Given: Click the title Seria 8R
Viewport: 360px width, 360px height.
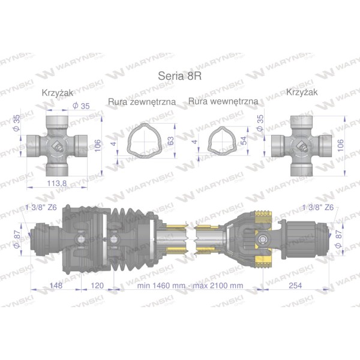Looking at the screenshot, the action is (x=180, y=76).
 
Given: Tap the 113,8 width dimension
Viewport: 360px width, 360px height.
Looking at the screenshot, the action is (x=57, y=183).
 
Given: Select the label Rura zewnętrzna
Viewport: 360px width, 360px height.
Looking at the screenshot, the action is (x=142, y=102).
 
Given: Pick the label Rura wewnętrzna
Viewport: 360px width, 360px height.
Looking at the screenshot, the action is (x=223, y=101).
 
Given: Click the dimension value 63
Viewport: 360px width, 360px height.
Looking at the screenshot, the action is (x=171, y=141).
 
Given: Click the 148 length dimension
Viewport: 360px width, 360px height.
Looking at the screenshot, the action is (x=56, y=286).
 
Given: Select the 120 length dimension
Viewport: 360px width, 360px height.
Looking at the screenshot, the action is (x=97, y=286).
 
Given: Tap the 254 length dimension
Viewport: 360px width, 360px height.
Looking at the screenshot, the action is (x=295, y=286).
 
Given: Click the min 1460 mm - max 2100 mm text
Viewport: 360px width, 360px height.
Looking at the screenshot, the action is (x=190, y=286).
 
